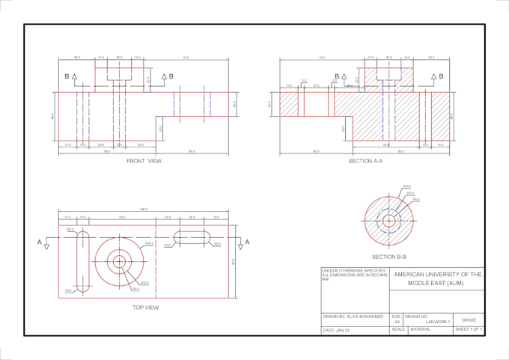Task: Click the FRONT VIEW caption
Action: click(144, 161)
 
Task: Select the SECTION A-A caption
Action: click(365, 161)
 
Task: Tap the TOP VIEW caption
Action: click(145, 308)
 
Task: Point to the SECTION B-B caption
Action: click(388, 257)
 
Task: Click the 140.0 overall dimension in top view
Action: click(143, 210)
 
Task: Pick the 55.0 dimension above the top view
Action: click(121, 217)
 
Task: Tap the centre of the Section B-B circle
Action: click(388, 221)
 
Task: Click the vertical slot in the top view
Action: click(82, 261)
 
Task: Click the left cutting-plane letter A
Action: click(40, 242)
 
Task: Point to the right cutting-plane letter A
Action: click(248, 242)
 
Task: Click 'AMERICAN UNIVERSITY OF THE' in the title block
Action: click(437, 275)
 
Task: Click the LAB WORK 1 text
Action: click(438, 322)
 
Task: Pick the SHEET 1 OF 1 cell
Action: click(469, 329)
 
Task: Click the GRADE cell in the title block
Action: click(469, 320)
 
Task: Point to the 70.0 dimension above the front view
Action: click(186, 58)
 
